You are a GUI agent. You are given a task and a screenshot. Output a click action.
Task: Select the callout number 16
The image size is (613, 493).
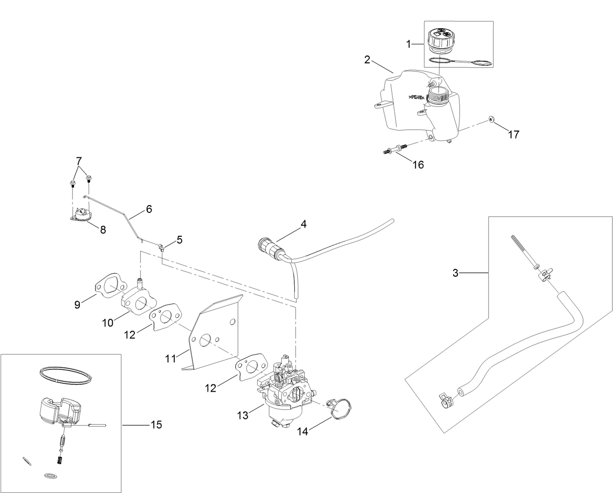[x=418, y=165]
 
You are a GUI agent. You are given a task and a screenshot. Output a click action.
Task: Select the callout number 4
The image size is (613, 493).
[x=304, y=225]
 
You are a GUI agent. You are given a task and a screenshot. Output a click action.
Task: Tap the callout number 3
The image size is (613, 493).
[x=455, y=273]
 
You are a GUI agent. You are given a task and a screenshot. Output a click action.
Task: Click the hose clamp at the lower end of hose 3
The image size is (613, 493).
[x=446, y=400]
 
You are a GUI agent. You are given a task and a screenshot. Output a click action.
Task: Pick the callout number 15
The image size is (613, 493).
[x=156, y=425]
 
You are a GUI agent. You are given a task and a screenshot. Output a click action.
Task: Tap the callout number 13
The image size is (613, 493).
[x=243, y=415]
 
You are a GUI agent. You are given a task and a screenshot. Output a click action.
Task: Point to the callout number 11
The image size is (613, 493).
[x=170, y=359]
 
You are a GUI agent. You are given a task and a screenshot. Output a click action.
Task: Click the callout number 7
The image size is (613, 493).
[x=79, y=160]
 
